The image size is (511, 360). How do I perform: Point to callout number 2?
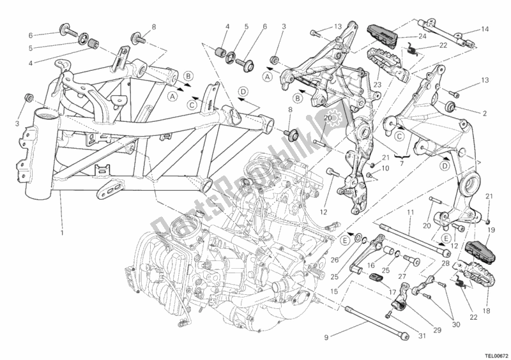coord(485,113)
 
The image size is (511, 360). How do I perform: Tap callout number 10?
coord(385,168)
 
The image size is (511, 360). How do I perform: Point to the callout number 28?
coord(445,263)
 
